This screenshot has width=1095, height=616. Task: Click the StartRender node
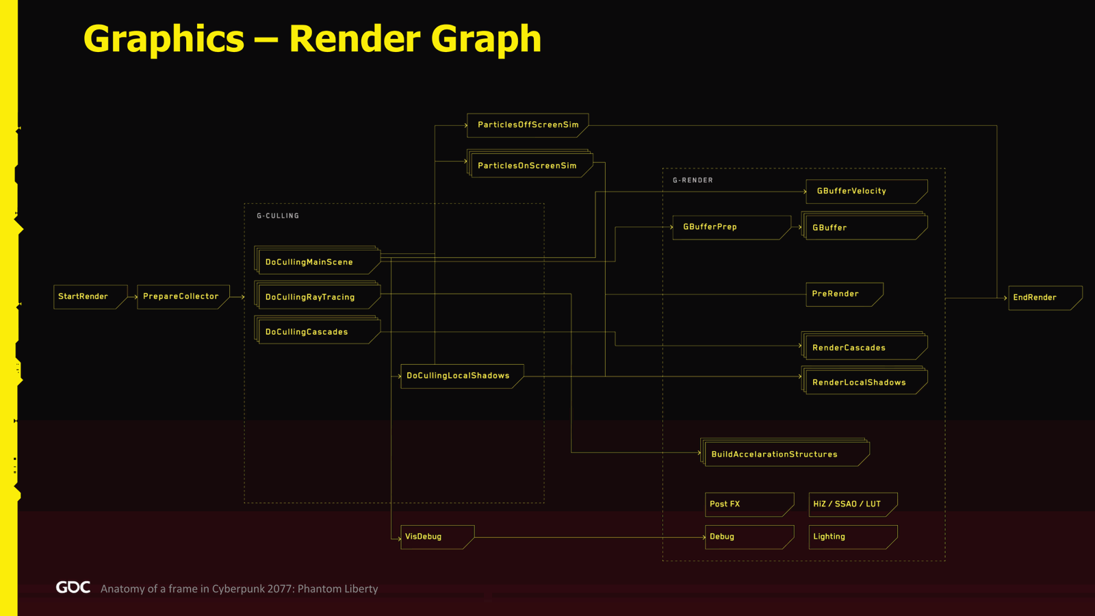tap(90, 297)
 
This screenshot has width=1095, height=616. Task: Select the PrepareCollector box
tap(183, 297)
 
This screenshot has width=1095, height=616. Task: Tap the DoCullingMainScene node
tap(318, 260)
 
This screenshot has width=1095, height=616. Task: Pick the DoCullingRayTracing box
tap(318, 295)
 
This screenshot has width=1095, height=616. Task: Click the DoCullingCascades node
tap(318, 330)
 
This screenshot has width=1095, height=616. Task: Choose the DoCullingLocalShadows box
tap(462, 376)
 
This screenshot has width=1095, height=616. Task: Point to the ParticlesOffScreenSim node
tap(528, 125)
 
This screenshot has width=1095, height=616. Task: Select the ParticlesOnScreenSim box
tap(530, 164)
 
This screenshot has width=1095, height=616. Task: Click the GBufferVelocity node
tap(866, 192)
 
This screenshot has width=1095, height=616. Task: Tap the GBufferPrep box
tap(732, 227)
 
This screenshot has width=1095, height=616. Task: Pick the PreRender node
tap(845, 294)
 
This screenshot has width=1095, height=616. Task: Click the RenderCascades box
tap(864, 346)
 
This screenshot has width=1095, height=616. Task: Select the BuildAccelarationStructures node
tap(785, 452)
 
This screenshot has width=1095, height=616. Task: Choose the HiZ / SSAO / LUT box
tap(853, 504)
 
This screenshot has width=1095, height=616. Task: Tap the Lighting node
tap(853, 537)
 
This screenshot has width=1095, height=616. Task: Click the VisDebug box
tap(437, 537)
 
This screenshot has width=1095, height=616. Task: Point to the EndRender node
tap(1045, 298)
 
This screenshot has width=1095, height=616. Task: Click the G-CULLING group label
tap(278, 216)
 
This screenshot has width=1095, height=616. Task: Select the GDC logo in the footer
tap(73, 587)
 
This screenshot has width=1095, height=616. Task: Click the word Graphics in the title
tap(164, 39)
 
